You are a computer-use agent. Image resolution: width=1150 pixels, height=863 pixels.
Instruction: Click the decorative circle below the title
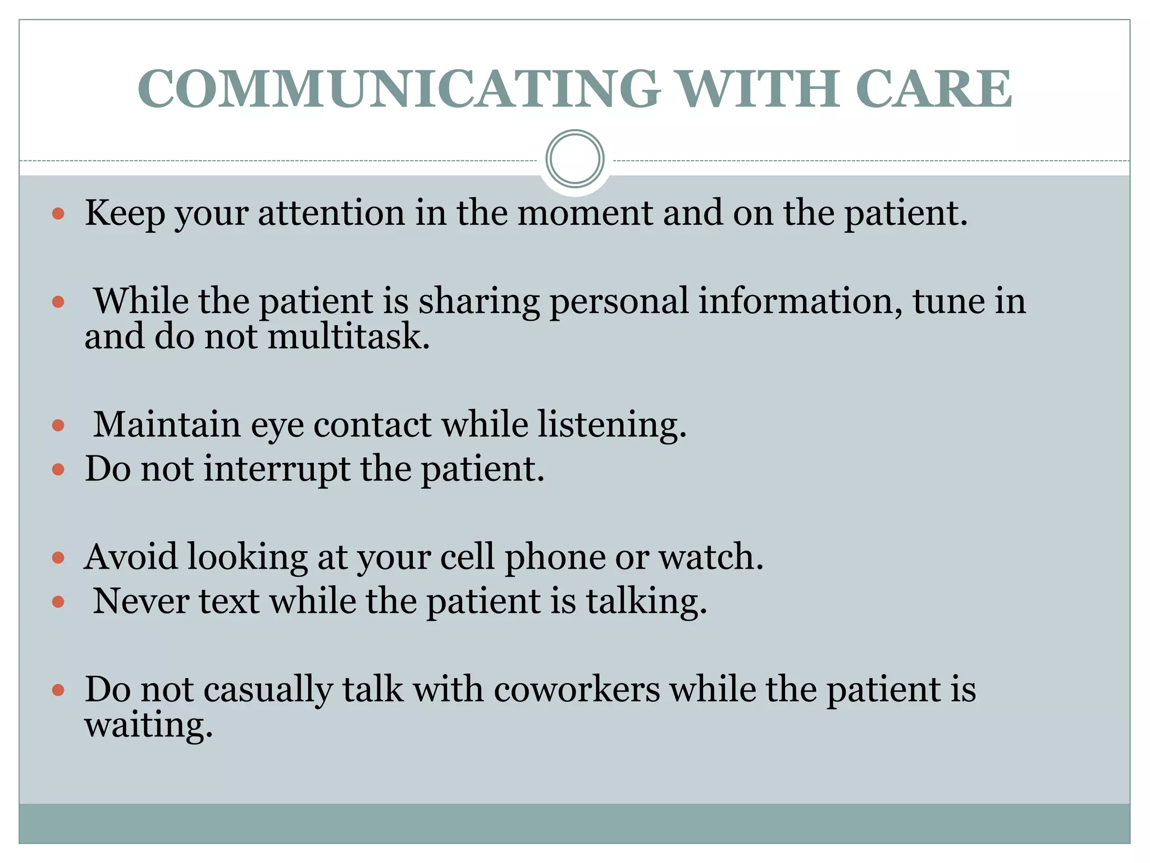point(575,158)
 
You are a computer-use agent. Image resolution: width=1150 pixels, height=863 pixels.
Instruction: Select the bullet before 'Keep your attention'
point(58,214)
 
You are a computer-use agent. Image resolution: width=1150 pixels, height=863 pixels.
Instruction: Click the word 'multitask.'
point(349,337)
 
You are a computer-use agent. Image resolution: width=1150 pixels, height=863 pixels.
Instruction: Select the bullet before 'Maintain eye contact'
point(58,425)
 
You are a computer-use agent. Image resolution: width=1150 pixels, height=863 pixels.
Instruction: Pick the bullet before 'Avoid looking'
point(58,558)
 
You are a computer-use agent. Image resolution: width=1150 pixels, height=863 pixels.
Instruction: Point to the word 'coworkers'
point(577,690)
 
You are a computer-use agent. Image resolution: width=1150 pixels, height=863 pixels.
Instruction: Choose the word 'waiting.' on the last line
point(149,726)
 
